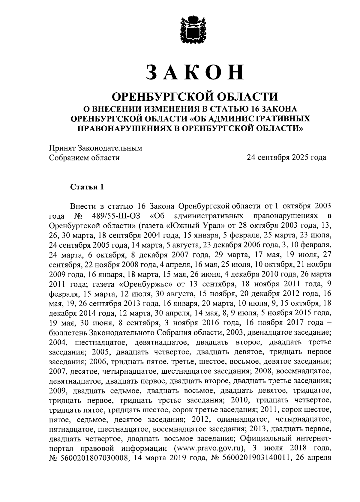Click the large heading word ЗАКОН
(x=195, y=72)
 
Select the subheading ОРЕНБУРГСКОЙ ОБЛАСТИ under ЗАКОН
(x=195, y=97)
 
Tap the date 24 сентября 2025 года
(x=286, y=157)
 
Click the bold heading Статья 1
(x=87, y=187)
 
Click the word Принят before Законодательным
(x=62, y=148)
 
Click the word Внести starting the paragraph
(x=83, y=206)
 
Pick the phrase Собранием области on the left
(x=84, y=157)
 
